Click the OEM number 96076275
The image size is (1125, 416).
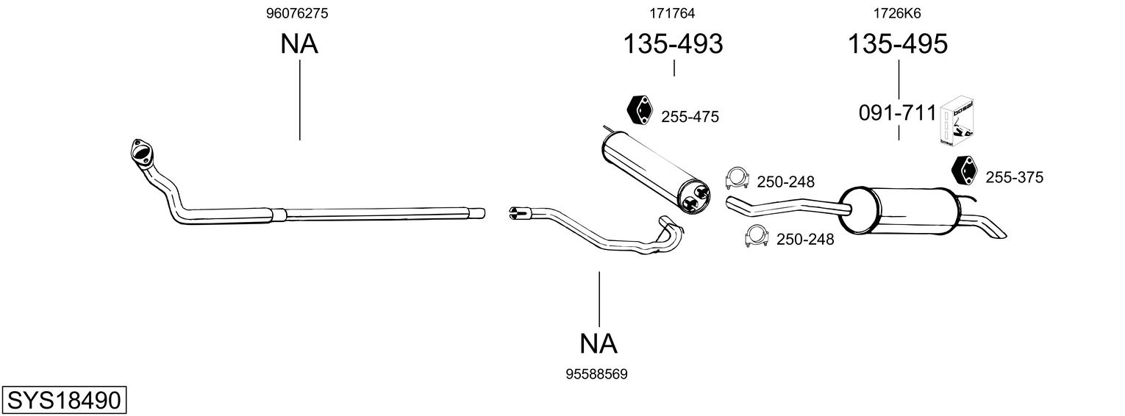click(x=297, y=13)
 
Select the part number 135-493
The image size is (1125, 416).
click(x=673, y=43)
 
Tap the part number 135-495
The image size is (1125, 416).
click(x=898, y=43)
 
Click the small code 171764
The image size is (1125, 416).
click(x=672, y=13)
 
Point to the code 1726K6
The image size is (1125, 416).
click(x=897, y=13)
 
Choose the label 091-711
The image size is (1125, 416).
click(x=898, y=113)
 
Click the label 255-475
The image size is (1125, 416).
click(x=690, y=117)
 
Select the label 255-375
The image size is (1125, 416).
click(x=1015, y=177)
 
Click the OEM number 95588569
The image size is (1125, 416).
click(x=596, y=374)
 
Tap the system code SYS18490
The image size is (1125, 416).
click(x=64, y=401)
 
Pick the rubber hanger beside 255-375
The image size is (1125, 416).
click(x=965, y=170)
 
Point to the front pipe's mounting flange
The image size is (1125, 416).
click(x=140, y=151)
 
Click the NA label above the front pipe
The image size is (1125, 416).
click(x=299, y=44)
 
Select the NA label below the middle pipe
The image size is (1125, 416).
click(x=598, y=344)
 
